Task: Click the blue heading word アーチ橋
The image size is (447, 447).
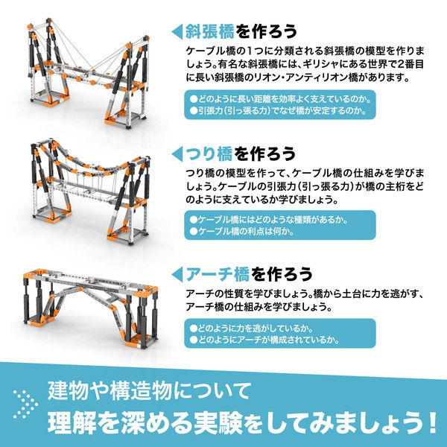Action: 213,273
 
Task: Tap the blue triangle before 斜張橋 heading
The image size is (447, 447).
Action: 177,31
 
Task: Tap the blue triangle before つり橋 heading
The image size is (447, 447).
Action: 177,153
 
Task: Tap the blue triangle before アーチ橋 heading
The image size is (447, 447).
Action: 177,273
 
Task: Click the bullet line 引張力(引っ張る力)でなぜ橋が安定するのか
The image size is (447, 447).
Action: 276,111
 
